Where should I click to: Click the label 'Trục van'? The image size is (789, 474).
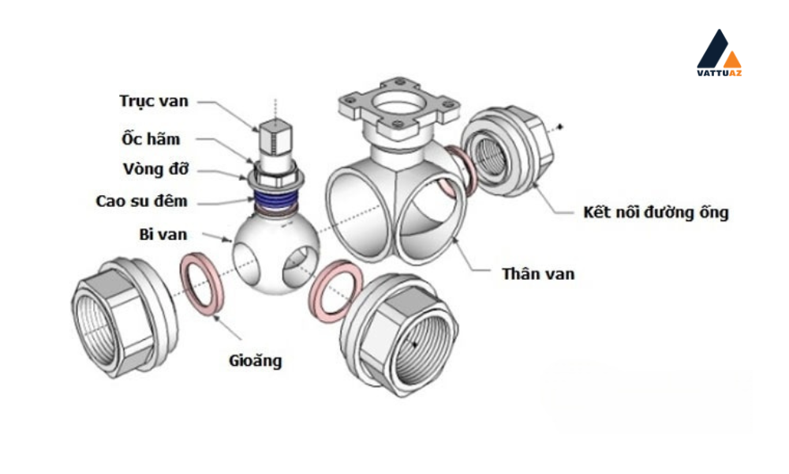pos(154,101)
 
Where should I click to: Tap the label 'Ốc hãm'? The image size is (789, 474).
pos(151,137)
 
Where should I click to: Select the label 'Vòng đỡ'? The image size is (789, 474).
pos(156,169)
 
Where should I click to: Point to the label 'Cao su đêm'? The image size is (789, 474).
pos(142,201)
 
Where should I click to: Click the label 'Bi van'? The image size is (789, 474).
pos(163,234)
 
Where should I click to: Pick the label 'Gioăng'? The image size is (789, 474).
pos(255,361)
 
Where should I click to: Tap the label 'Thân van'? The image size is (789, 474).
pos(538,273)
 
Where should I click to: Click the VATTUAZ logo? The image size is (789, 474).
pos(719,53)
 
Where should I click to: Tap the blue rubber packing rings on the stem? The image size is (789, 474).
pos(275,201)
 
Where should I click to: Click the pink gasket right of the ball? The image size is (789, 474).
pos(335,291)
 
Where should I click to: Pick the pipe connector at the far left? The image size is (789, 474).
pos(125,317)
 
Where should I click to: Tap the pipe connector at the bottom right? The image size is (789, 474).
pos(398,335)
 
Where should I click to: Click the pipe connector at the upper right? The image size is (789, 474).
pos(507,151)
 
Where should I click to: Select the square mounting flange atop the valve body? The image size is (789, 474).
pos(399,107)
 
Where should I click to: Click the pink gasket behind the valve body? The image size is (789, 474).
pos(459,171)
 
